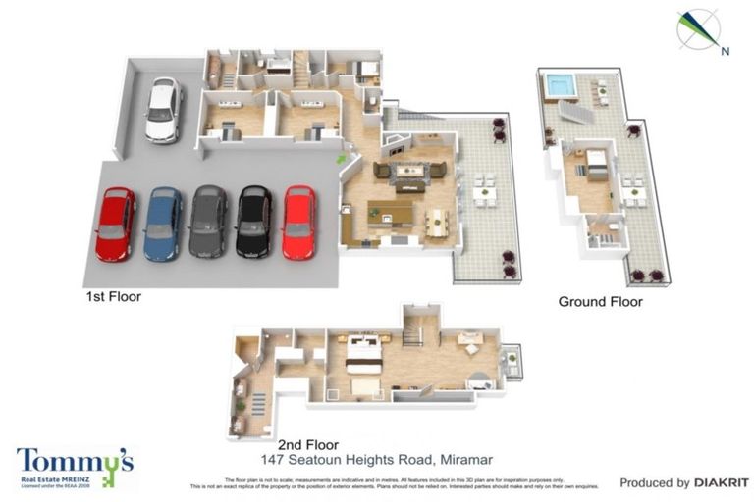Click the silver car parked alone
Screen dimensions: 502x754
[x=163, y=111]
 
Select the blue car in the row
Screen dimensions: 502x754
[x=163, y=223]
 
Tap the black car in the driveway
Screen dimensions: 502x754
[x=253, y=222]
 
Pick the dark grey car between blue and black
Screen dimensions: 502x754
[x=208, y=223]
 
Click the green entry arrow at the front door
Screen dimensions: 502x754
[x=342, y=157]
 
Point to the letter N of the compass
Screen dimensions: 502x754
[x=725, y=50]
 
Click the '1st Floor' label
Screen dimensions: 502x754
[x=113, y=294]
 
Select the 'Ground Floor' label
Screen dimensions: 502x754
[x=600, y=301]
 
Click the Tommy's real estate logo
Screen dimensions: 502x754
[x=74, y=467]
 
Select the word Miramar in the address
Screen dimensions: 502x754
[x=465, y=459]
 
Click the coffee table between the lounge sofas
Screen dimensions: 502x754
[x=409, y=172]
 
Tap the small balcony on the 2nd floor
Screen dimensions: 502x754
[x=511, y=363]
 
